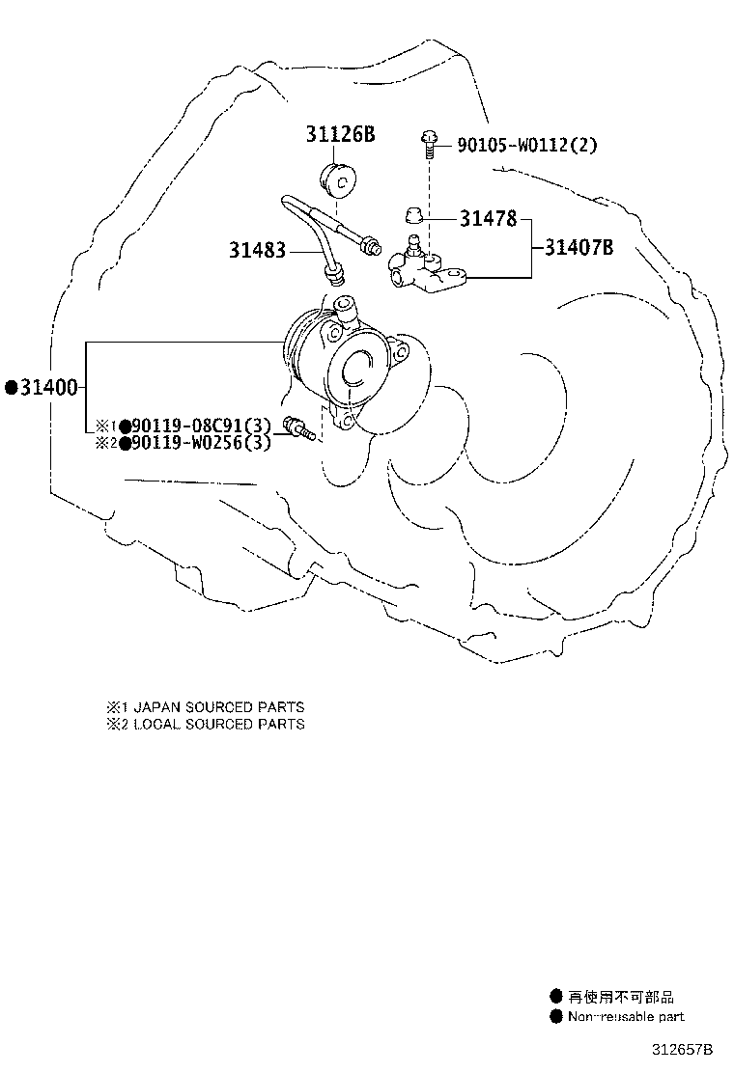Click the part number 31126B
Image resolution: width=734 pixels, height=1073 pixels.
340,134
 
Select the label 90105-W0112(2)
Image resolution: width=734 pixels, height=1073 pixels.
527,145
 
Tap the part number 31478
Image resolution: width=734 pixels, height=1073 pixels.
488,218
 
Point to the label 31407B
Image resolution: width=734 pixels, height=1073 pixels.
579,247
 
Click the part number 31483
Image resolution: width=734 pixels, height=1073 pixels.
258,251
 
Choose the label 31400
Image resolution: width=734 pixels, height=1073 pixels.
48,388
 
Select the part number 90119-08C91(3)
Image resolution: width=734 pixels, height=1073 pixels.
201,426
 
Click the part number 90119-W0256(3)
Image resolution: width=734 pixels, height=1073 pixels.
201,444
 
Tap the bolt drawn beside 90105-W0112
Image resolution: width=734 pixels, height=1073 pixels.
429,145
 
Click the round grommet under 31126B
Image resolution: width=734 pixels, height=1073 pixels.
338,180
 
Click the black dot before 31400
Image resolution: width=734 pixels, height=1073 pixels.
11,388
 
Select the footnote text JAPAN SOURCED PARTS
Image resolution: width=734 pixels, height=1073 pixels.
218,707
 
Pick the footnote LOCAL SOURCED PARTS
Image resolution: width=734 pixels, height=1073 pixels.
218,724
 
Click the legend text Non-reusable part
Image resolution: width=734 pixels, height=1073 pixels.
626,1017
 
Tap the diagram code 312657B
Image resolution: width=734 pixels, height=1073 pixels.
682,1050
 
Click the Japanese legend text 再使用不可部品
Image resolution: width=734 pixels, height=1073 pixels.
621,997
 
